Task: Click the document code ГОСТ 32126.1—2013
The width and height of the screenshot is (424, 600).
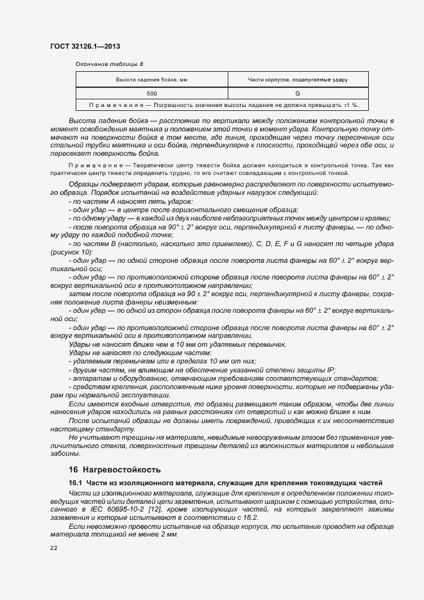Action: [85, 46]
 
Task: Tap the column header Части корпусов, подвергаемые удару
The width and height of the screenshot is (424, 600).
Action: [297, 80]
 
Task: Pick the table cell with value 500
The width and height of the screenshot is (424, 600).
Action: [151, 94]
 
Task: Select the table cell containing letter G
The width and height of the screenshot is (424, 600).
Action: [298, 94]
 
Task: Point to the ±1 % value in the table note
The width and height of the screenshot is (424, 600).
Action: [350, 105]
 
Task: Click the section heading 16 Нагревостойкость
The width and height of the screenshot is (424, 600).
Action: [115, 469]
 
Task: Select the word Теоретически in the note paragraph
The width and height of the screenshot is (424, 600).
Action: [140, 165]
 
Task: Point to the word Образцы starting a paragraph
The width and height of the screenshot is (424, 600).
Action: [81, 184]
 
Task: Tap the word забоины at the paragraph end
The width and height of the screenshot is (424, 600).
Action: [64, 453]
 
